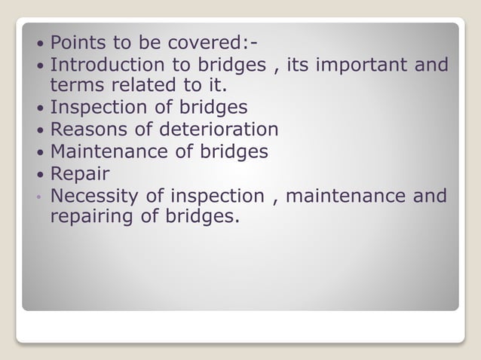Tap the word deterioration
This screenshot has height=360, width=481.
tap(215, 130)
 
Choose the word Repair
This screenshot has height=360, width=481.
tap(79, 174)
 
